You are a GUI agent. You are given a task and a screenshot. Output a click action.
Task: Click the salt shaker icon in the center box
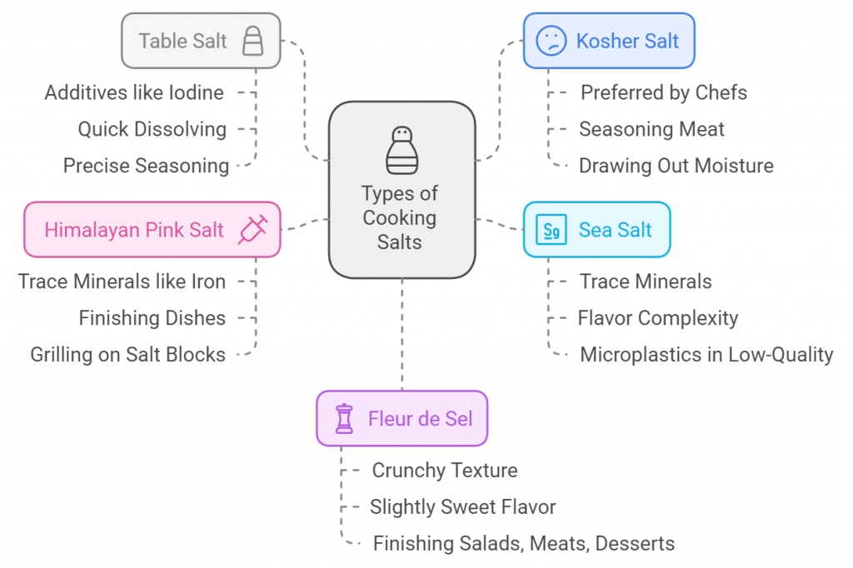[x=402, y=150]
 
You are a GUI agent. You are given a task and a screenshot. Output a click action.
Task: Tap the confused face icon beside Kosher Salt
[x=551, y=41]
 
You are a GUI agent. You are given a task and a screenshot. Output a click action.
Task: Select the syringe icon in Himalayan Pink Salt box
[x=252, y=229]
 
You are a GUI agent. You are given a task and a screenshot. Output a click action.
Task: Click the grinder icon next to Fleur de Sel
[x=343, y=418]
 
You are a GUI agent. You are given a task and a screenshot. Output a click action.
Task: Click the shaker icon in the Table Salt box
[x=252, y=41]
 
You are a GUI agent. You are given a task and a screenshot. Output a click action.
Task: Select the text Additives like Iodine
[x=134, y=92]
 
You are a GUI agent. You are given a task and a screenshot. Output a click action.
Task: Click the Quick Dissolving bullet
[x=152, y=129]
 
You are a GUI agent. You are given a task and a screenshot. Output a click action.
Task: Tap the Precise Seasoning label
[x=146, y=166]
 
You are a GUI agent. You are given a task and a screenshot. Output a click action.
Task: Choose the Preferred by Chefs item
[x=663, y=92]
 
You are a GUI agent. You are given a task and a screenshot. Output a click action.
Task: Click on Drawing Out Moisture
[x=676, y=166]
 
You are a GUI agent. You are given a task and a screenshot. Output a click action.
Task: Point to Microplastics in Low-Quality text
[x=706, y=354]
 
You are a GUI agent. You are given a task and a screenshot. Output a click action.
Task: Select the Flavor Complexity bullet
[x=658, y=317]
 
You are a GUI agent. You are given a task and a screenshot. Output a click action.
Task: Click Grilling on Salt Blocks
[x=127, y=354]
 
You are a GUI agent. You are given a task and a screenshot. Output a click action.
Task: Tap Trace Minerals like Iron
[x=122, y=282]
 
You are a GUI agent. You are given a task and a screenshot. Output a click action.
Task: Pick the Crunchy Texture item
[x=444, y=471]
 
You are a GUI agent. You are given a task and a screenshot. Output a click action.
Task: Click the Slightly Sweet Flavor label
[x=463, y=506]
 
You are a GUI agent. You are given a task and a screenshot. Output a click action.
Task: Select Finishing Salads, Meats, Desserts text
[x=523, y=544]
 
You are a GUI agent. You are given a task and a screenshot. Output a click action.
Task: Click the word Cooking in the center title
[x=400, y=218]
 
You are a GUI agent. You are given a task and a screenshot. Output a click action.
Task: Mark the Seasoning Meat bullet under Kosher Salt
[x=651, y=129]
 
